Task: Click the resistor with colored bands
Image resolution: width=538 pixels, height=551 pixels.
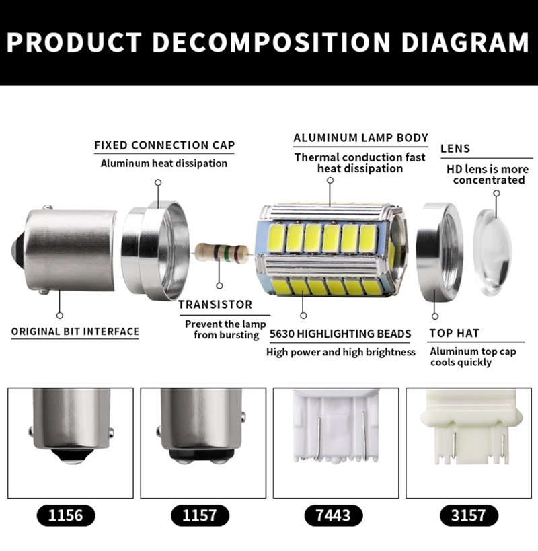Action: (x=222, y=252)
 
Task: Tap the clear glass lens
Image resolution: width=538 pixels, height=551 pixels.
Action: (x=492, y=252)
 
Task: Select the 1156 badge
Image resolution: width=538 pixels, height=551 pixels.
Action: (x=66, y=515)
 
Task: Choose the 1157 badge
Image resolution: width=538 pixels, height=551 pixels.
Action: (x=200, y=515)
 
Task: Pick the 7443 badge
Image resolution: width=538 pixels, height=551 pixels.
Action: (x=334, y=515)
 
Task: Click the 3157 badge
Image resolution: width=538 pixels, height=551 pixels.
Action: (x=469, y=515)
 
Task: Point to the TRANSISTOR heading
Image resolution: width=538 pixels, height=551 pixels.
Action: (x=215, y=305)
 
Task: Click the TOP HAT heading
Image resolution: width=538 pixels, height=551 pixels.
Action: (x=455, y=333)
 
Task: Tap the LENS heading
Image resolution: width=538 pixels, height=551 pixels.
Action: (x=455, y=149)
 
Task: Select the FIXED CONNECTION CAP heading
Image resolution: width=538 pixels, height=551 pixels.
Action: (x=164, y=145)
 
